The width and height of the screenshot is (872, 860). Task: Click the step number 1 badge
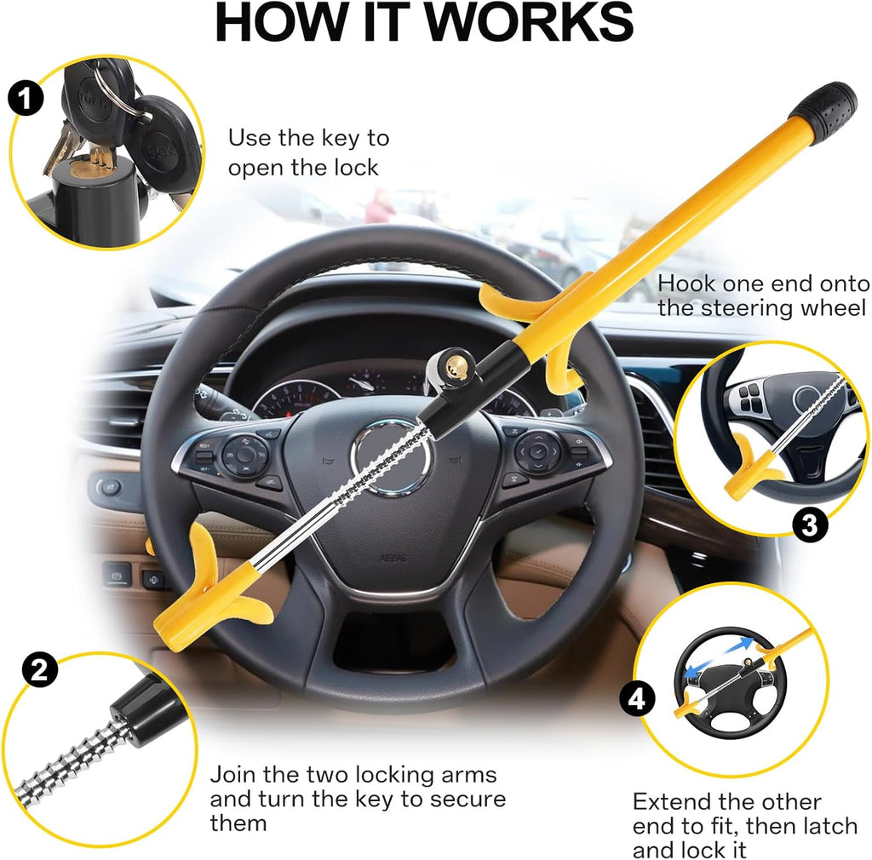[x=26, y=100]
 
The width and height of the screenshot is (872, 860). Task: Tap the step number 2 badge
[x=38, y=670]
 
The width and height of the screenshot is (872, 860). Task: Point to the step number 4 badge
[x=637, y=700]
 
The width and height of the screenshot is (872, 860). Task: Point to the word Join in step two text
[x=232, y=776]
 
